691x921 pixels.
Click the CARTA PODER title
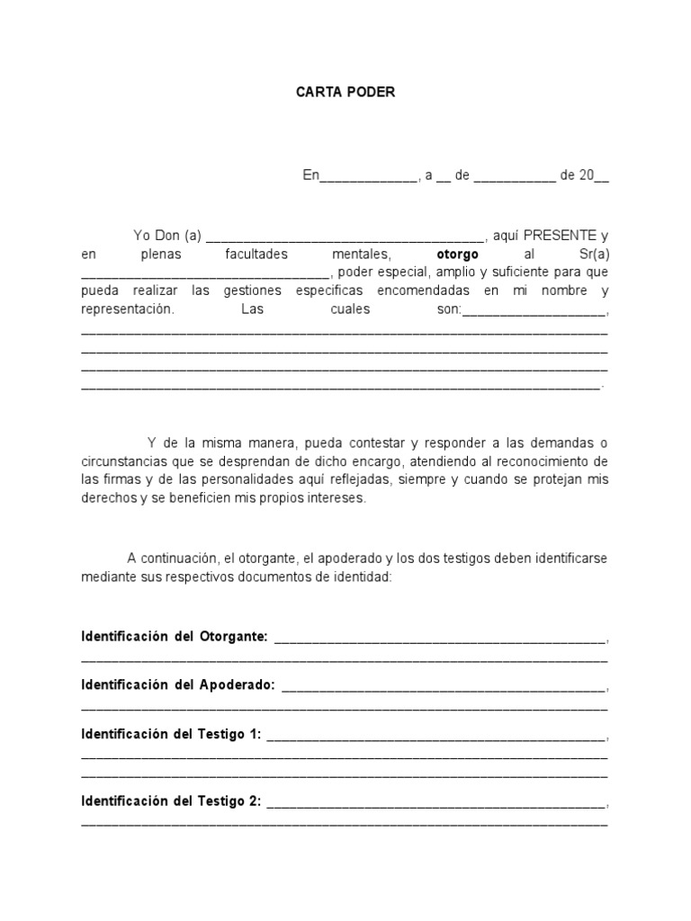click(345, 93)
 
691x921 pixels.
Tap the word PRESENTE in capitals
click(555, 236)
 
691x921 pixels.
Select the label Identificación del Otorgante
click(175, 637)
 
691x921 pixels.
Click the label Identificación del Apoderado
click(178, 685)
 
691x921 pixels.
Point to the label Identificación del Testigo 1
click(171, 734)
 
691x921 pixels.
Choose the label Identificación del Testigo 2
click(171, 801)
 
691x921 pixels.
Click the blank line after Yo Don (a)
click(345, 237)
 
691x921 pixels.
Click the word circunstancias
click(121, 461)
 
